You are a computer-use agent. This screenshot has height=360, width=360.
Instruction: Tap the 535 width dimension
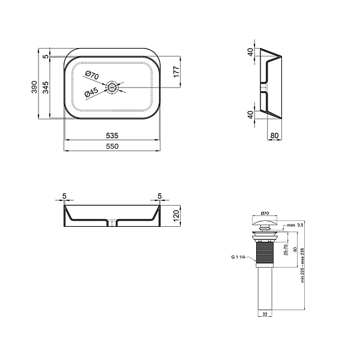112,135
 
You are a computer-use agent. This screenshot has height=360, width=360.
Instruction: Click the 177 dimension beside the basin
176,72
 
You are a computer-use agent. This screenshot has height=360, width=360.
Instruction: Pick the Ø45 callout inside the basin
91,94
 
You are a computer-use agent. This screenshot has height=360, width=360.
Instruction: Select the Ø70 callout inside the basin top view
91,76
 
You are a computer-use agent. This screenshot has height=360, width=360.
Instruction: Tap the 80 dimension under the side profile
274,136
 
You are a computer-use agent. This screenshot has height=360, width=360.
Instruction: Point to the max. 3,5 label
295,225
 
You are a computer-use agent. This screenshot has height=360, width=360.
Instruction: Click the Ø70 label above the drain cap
266,214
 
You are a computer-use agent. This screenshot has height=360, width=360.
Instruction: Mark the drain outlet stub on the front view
112,223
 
